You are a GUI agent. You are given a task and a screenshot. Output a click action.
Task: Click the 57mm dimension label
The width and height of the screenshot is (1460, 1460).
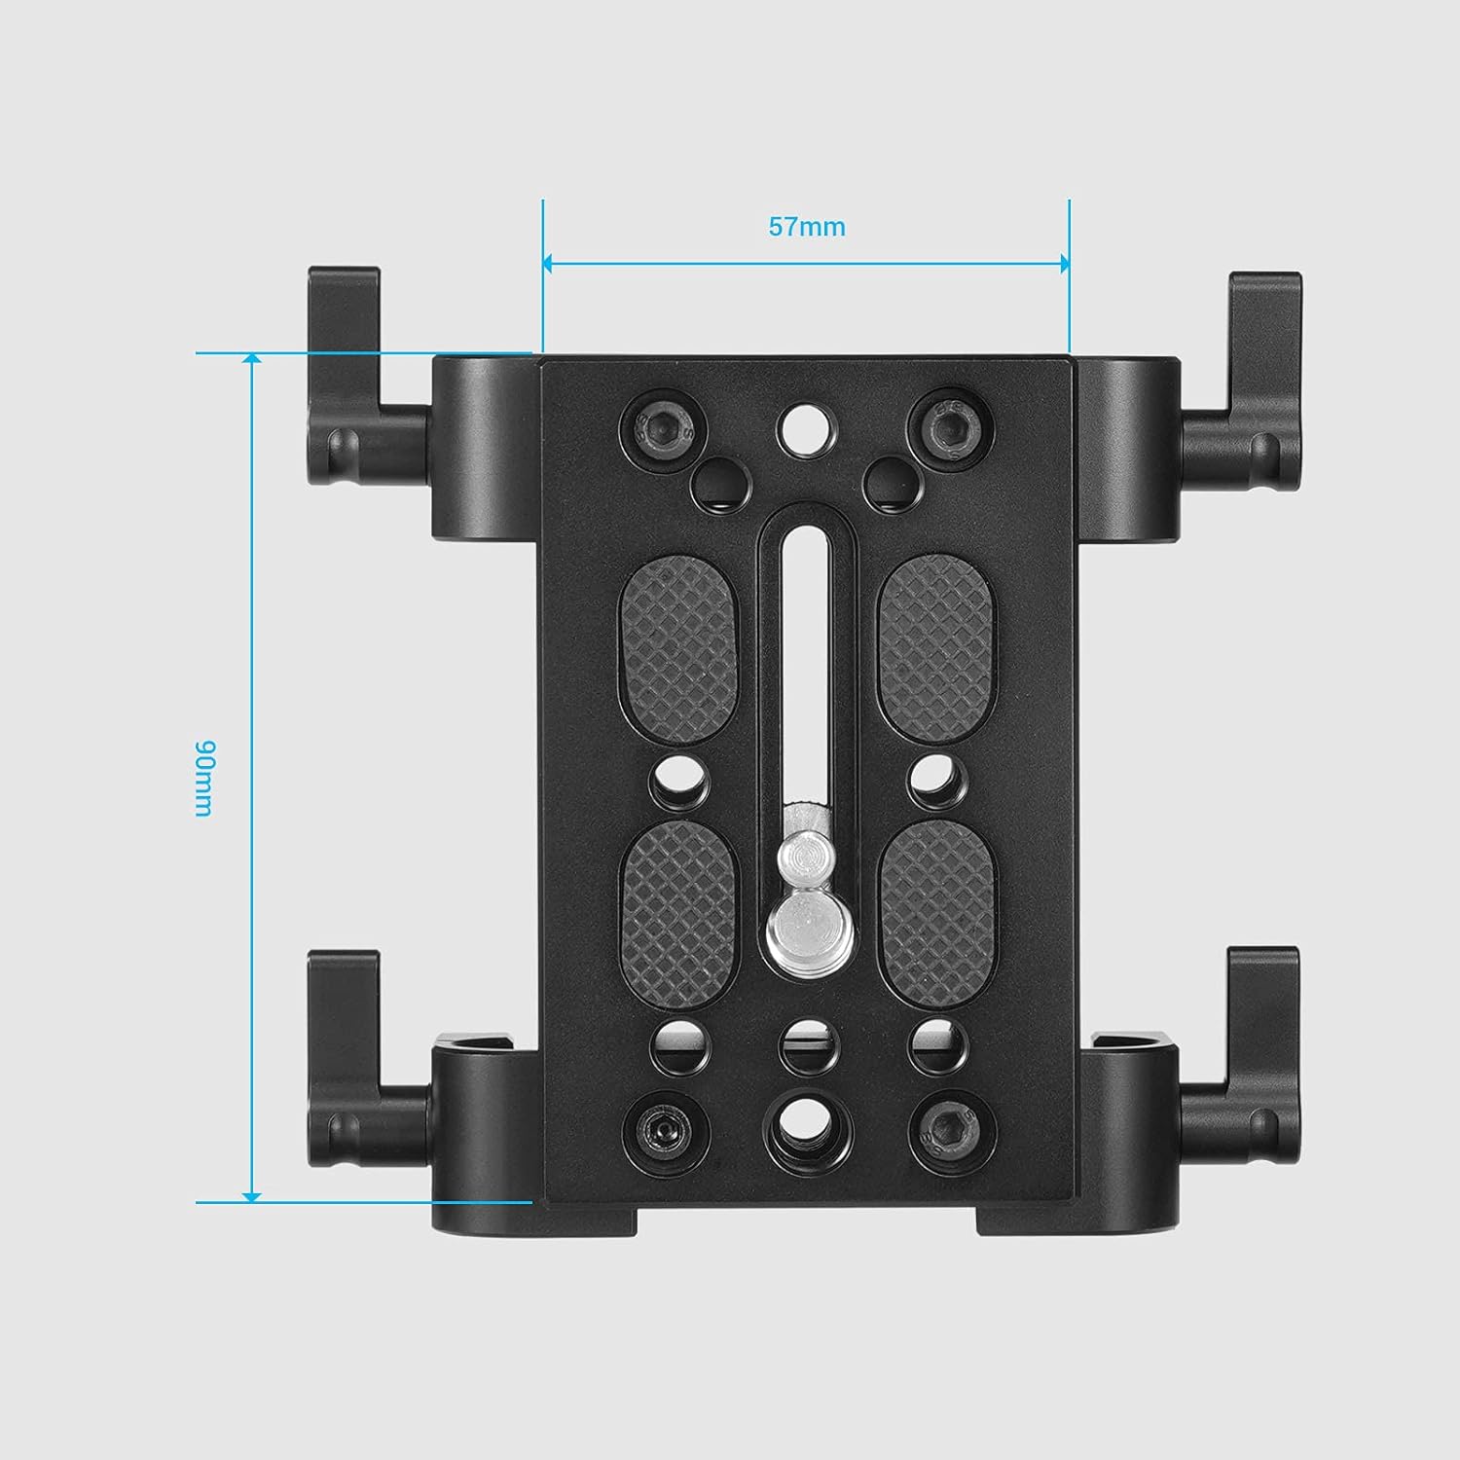point(807,227)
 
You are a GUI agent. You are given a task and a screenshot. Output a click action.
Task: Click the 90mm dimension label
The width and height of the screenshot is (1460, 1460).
point(203,779)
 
